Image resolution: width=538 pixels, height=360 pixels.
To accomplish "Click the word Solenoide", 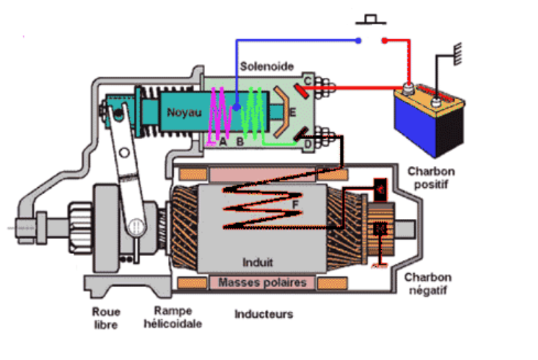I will [268, 67].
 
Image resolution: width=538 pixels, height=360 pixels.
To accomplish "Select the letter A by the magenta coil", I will [222, 142].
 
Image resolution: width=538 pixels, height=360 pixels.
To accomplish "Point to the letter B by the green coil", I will [240, 142].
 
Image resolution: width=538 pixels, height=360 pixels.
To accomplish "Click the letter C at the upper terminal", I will [308, 81].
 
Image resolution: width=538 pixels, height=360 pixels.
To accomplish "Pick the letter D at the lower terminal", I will [308, 142].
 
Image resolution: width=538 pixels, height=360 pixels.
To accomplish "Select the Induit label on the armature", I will [258, 262].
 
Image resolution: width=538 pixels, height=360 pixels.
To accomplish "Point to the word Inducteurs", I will [263, 315].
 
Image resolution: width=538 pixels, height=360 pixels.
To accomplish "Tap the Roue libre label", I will [106, 317].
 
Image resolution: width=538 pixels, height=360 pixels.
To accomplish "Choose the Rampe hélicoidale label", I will [173, 317].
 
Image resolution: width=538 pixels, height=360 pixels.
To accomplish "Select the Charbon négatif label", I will [428, 284].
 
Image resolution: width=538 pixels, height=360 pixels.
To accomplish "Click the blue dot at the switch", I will [358, 41].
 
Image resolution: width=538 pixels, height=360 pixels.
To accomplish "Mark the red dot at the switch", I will [385, 41].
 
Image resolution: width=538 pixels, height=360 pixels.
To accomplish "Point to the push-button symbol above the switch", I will [372, 17].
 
